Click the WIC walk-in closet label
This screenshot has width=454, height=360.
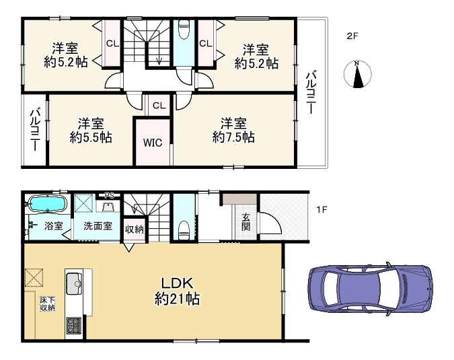click(x=153, y=143)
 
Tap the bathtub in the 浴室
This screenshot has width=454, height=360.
click(x=48, y=204)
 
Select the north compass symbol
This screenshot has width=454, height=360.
click(x=358, y=74)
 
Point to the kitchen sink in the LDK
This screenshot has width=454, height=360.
click(x=75, y=284)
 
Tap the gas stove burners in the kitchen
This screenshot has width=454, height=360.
click(x=74, y=325)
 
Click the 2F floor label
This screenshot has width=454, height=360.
click(x=352, y=36)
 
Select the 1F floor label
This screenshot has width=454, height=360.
click(x=321, y=209)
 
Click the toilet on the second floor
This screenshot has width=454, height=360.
click(x=184, y=29)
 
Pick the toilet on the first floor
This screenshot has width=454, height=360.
click(x=184, y=230)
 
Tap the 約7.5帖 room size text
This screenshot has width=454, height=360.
click(x=233, y=137)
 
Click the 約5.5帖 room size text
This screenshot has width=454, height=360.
click(x=91, y=137)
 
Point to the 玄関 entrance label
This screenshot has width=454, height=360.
click(x=245, y=222)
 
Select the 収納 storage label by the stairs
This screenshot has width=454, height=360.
click(x=134, y=229)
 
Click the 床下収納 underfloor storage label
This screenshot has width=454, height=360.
click(x=48, y=304)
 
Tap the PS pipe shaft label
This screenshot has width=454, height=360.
click(x=109, y=195)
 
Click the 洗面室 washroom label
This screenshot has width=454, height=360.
click(x=98, y=226)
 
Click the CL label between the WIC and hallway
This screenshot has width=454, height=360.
click(x=159, y=106)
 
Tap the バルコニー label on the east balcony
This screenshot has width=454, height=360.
click(x=311, y=92)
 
